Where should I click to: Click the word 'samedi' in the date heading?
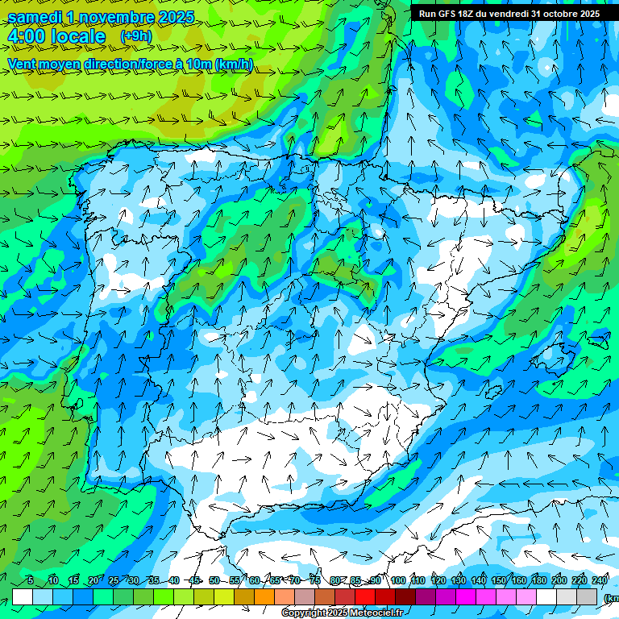point(35,17)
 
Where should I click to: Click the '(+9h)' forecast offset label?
point(135,36)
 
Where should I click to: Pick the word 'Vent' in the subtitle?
point(22,64)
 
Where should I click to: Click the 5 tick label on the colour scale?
point(31,581)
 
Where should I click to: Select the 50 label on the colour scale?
point(214,581)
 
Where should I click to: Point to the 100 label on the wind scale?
point(398,581)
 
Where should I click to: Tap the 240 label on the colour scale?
point(600,581)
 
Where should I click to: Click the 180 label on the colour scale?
point(539,581)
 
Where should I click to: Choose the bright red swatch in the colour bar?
point(365,596)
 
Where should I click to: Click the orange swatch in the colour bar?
point(264,596)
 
